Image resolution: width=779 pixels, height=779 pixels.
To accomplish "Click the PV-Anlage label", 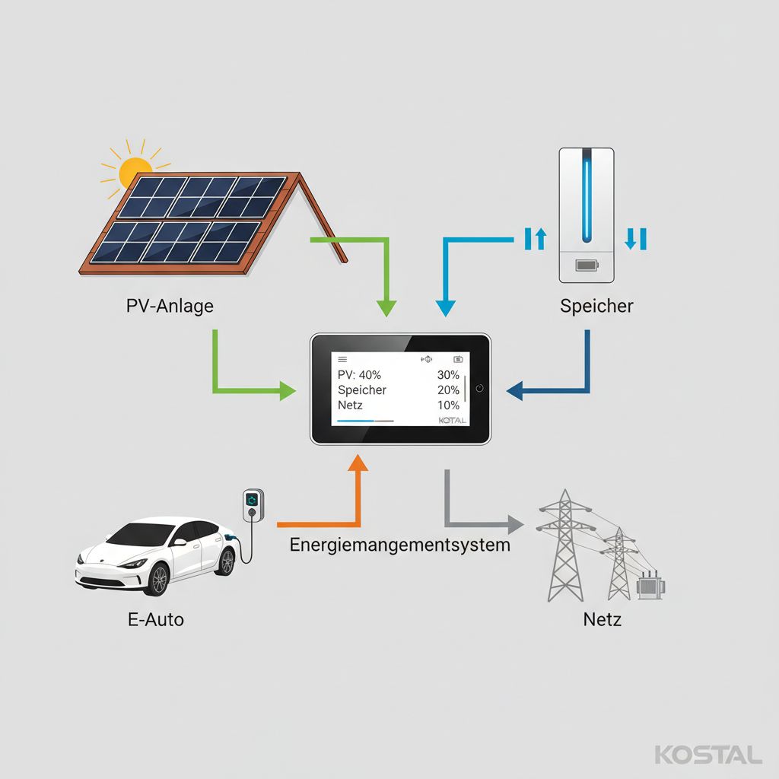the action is pos(170,306).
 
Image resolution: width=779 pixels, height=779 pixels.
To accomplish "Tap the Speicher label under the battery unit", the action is pos(596,306).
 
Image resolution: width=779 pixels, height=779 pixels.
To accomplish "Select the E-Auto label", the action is pos(156,619).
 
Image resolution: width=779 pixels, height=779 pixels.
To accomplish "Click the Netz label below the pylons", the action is pos(603,619).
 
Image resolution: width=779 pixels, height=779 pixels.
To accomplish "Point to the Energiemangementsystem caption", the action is pos(400,545).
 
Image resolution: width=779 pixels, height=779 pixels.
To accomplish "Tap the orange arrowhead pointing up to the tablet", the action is pos(358,462).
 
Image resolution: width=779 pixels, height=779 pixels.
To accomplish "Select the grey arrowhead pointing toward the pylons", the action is pos(515,524).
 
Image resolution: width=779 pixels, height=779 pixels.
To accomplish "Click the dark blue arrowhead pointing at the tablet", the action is pos(515,390).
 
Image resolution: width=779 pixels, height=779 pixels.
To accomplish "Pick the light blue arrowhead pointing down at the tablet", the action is pos(446,308).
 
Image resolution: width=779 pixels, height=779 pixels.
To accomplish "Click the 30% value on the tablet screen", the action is pos(448,374).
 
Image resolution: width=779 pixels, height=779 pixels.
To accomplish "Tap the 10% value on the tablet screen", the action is pos(448,405).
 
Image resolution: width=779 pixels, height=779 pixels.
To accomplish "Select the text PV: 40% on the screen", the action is pos(359,374).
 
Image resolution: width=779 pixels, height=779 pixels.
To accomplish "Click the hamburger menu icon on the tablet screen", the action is pos(342,359).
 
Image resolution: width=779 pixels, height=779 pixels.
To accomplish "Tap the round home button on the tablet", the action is pos(479,389).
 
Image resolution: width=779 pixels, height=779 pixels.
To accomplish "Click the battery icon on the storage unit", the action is pos(587,265).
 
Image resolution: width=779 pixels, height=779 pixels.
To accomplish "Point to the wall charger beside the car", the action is pos(253,505).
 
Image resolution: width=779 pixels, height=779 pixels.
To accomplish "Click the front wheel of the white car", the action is pos(158,580).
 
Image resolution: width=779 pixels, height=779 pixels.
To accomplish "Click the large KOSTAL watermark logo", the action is pos(708,755).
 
